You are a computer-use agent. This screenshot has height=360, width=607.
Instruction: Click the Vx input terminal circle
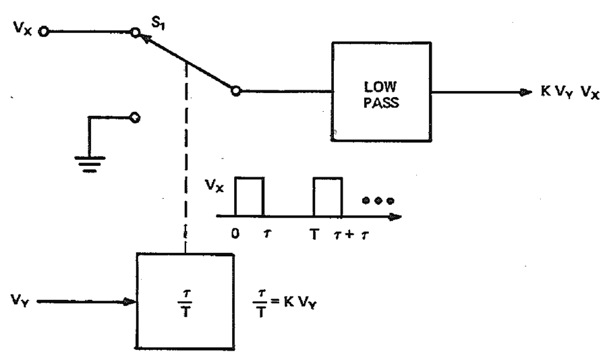click(x=44, y=32)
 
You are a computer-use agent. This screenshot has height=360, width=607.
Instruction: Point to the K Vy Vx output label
click(x=570, y=92)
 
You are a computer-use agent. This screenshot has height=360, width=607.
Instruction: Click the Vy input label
click(x=20, y=300)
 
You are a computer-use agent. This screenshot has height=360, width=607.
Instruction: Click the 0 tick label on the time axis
click(x=235, y=233)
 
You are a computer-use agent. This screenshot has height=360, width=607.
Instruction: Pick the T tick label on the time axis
click(x=314, y=234)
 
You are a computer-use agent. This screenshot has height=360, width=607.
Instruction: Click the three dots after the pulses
click(x=378, y=200)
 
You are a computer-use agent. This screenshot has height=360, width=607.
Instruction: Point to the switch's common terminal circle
click(x=236, y=92)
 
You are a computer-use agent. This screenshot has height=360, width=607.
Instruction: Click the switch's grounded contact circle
click(x=135, y=117)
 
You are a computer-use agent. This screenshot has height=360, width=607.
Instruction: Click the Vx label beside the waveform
click(x=214, y=186)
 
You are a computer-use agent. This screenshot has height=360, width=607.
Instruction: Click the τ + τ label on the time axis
click(x=351, y=234)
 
